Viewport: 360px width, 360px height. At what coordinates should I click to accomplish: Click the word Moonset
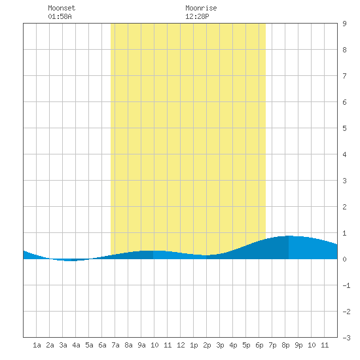click(62, 8)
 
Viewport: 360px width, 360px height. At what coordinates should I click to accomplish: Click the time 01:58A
click(60, 16)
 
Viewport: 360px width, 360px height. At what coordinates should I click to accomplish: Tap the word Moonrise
click(201, 8)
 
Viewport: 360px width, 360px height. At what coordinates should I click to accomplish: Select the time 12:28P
click(197, 16)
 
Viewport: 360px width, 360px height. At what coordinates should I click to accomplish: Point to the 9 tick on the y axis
click(344, 24)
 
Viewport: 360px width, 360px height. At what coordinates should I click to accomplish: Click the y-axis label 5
click(344, 128)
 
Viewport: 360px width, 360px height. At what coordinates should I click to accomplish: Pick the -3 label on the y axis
click(346, 338)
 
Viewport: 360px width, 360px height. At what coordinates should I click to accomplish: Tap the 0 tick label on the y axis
click(344, 259)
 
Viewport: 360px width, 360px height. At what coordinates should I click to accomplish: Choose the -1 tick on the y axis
click(346, 285)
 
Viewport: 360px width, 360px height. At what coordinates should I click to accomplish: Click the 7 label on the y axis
click(344, 76)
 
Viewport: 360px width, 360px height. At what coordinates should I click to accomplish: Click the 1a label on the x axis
click(37, 345)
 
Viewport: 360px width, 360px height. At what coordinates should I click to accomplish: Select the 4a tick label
click(76, 345)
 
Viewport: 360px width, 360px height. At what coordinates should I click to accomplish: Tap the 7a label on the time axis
click(115, 345)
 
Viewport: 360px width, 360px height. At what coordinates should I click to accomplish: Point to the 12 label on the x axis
click(181, 345)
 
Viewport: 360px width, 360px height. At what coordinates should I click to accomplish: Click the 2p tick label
click(207, 345)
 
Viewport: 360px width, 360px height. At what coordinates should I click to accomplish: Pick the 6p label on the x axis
click(259, 345)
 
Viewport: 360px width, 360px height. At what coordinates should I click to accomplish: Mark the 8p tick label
click(285, 345)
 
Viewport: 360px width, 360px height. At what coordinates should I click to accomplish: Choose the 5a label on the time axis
click(89, 345)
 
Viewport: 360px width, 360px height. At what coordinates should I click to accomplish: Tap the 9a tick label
click(141, 345)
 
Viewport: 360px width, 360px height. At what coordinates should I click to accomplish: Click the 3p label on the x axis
click(220, 345)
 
